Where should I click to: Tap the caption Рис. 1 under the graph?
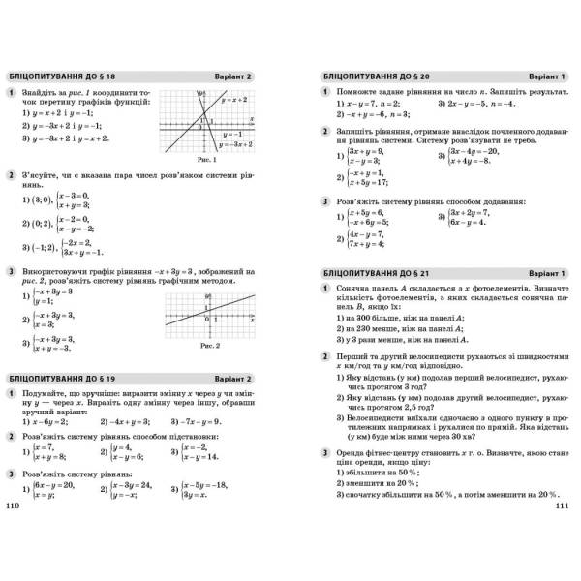[x=203, y=158]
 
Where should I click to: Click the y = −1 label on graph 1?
[x=231, y=134]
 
